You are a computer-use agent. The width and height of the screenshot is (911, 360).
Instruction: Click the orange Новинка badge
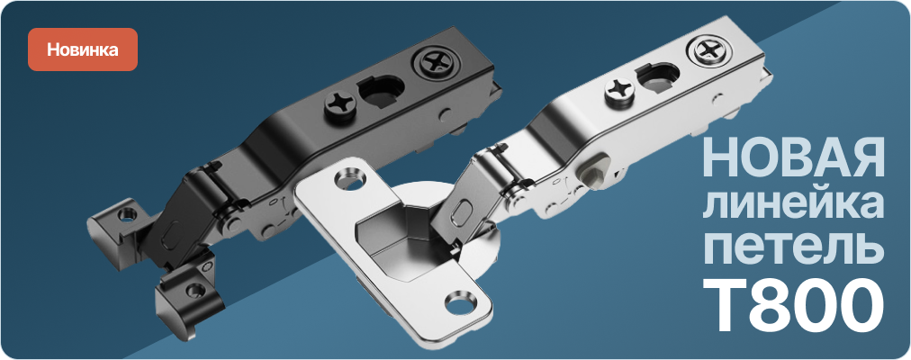83,49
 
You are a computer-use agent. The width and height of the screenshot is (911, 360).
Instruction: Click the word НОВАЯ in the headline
793,157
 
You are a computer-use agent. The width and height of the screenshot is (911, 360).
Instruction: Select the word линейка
794,203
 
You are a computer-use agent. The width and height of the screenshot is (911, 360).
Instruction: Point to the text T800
794,305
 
